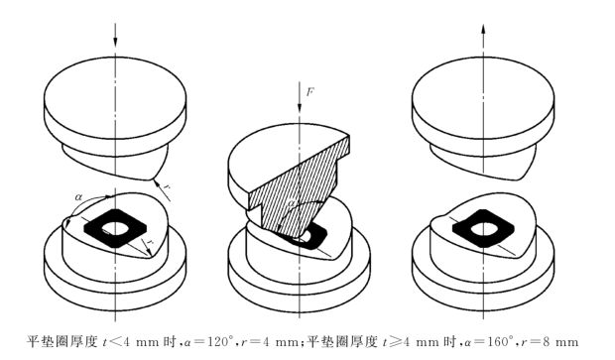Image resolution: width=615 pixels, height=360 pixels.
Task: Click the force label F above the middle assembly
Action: click(x=309, y=92)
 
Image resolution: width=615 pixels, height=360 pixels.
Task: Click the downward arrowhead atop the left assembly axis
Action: click(x=115, y=42)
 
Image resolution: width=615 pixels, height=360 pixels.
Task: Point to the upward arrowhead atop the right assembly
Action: click(x=483, y=30)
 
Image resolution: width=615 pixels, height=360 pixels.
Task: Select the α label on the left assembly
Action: click(x=78, y=197)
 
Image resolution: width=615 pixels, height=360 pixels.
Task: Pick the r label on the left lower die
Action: click(x=149, y=243)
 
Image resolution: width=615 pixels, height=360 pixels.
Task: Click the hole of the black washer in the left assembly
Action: click(x=115, y=227)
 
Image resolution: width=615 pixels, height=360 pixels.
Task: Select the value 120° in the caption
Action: click(x=219, y=341)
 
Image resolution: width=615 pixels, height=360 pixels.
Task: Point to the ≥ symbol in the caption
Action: click(x=395, y=342)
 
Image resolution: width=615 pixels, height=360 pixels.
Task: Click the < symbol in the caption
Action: click(x=114, y=342)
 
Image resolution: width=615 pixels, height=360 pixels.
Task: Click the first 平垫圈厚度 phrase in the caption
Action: click(x=61, y=341)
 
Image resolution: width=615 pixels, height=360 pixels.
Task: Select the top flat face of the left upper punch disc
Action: click(x=115, y=83)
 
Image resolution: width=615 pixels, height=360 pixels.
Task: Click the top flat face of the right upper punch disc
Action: click(x=483, y=83)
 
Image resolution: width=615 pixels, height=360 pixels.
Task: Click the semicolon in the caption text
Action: click(x=302, y=343)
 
